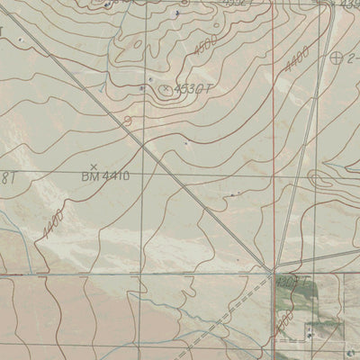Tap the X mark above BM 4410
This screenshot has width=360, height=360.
click(94, 166)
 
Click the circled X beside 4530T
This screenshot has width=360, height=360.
click(166, 88)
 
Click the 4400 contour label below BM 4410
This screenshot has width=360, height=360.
click(52, 223)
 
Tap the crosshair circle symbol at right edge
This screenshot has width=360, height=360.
click(337, 58)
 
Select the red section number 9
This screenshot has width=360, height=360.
click(127, 120)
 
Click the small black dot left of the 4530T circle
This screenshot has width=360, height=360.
click(150, 87)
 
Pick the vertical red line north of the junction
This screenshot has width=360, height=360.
click(272, 135)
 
